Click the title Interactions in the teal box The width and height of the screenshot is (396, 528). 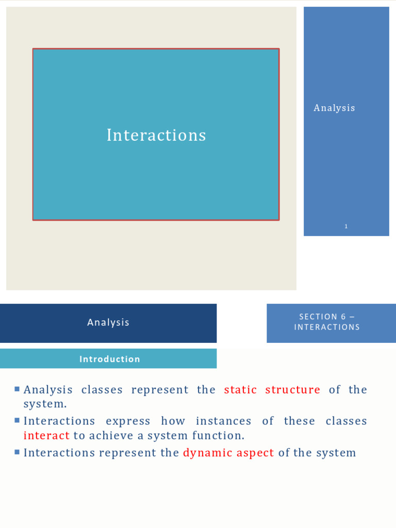(156, 135)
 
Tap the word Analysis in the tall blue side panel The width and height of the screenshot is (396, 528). (334, 108)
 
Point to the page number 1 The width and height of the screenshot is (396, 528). (346, 226)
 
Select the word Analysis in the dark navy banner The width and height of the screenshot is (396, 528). (108, 322)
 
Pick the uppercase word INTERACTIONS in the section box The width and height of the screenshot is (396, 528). (327, 327)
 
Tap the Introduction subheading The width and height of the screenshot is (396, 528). (110, 359)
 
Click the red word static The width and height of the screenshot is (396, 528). (240, 390)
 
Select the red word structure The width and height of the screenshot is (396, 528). (292, 390)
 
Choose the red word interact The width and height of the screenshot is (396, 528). (46, 436)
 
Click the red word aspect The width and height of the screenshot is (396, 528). (255, 453)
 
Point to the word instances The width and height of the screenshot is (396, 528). (223, 421)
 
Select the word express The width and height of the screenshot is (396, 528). (128, 421)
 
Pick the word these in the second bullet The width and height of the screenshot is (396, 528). (299, 421)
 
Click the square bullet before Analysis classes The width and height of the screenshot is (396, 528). (18, 389)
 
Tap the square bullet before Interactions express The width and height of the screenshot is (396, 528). (18, 420)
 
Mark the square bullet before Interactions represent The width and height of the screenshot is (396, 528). (18, 452)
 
